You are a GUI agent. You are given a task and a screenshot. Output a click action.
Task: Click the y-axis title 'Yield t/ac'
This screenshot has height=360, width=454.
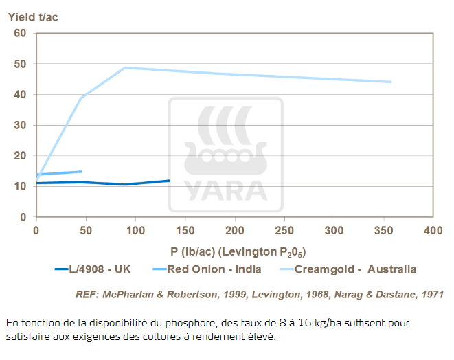pos(33,17)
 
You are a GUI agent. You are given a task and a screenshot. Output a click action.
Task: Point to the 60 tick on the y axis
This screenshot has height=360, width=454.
pos(21,33)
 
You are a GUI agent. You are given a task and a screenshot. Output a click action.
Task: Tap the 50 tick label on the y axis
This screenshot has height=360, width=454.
pos(21,64)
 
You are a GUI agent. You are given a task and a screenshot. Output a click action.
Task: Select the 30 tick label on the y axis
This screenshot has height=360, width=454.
pos(21,125)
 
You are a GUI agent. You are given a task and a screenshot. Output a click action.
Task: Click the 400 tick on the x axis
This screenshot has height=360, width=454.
pos(432,230)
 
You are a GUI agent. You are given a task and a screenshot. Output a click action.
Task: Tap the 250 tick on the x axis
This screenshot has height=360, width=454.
pos(284,230)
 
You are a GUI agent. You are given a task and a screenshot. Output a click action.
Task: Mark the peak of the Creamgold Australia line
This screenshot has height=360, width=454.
pos(125,67)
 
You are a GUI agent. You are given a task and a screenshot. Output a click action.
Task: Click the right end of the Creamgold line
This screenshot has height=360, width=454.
pos(391,82)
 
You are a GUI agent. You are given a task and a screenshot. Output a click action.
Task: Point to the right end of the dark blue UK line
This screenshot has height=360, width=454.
pos(169,181)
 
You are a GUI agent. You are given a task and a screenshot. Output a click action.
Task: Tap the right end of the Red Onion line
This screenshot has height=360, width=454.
pos(81,172)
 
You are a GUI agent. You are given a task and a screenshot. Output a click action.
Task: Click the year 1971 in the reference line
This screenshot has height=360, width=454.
pos(431,295)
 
